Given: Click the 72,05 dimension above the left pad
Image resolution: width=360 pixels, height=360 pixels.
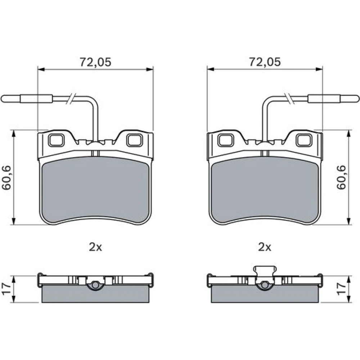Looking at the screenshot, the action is [95, 62].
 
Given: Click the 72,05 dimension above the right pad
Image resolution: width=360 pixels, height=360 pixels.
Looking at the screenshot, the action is [265, 62].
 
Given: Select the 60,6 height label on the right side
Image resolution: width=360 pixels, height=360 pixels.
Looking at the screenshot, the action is [341, 177].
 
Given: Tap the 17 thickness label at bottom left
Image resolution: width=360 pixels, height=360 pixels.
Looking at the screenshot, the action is [6, 289].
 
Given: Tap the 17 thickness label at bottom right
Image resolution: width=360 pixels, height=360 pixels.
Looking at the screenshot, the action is [341, 289].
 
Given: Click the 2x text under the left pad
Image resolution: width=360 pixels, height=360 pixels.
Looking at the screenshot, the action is [95, 247].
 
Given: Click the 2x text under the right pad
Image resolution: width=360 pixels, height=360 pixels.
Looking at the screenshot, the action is [265, 247].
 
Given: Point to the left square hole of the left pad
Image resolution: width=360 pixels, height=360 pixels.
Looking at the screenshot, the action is [56, 140].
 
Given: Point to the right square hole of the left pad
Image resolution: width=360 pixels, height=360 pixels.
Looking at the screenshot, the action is [135, 140].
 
